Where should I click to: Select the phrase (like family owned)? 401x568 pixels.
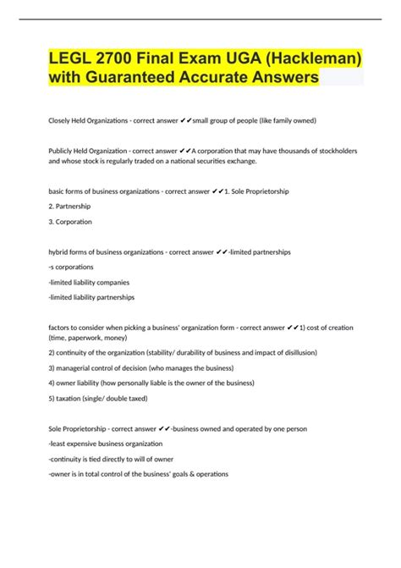[x=278, y=121]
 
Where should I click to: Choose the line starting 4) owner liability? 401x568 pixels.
[x=151, y=383]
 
